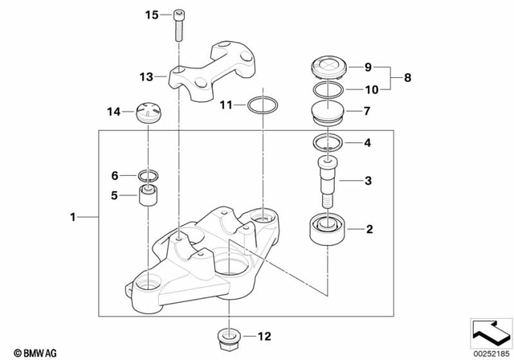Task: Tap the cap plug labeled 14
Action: [149, 112]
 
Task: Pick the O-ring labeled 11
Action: [262, 105]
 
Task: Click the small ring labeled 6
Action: [148, 175]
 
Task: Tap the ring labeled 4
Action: [327, 144]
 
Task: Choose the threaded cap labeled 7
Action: [327, 112]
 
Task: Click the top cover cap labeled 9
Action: [327, 66]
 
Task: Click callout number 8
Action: [406, 79]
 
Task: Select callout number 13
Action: [145, 78]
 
